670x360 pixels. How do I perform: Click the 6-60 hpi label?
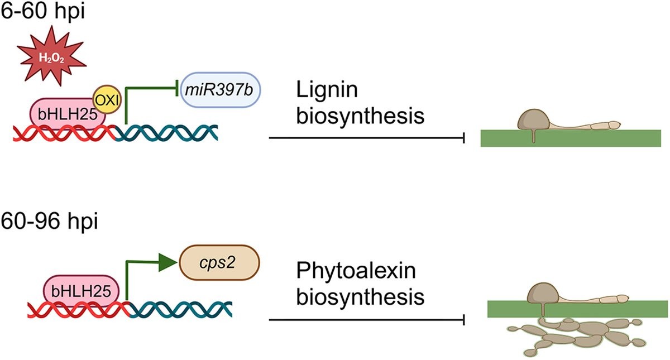[43, 12]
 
